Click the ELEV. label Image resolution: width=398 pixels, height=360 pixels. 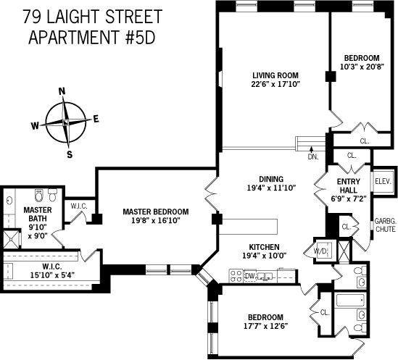(x=383, y=182)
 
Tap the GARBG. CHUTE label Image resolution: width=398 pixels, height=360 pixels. (x=386, y=225)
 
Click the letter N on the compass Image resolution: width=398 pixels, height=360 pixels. (x=62, y=91)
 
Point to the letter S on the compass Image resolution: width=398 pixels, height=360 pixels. (x=70, y=154)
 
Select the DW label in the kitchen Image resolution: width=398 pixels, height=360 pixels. (x=250, y=276)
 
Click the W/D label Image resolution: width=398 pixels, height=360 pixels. (x=320, y=251)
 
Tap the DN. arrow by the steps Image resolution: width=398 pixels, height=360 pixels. (x=312, y=149)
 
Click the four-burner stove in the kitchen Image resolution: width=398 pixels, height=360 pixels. (x=236, y=276)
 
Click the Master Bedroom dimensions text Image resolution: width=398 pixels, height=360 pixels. (x=156, y=220)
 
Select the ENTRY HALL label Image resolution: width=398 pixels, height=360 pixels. (x=349, y=185)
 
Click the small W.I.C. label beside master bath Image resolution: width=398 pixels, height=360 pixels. (x=79, y=206)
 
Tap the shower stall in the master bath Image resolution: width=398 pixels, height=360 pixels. (x=11, y=239)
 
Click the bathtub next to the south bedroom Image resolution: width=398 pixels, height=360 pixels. (x=351, y=300)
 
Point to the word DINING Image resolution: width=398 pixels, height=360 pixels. (x=271, y=179)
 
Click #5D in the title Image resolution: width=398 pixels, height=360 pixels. (x=141, y=37)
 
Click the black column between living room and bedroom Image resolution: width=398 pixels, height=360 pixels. (x=331, y=76)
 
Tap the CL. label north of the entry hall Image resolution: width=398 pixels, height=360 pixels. (x=352, y=156)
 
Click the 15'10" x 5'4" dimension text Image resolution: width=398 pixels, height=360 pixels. (x=52, y=275)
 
